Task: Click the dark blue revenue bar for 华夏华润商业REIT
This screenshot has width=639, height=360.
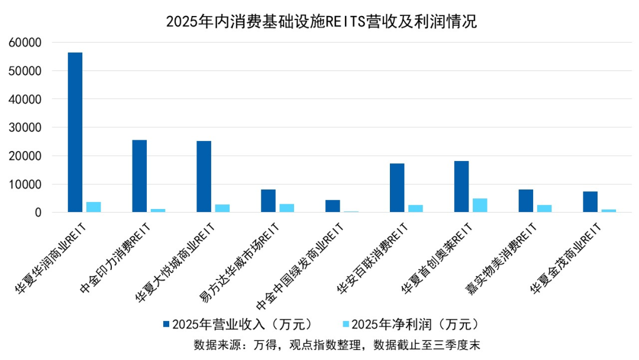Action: (75, 132)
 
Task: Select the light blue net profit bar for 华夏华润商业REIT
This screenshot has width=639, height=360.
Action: (93, 207)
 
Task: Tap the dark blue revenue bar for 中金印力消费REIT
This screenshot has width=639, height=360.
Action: (140, 176)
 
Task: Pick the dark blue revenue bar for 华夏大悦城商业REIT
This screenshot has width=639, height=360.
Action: (204, 176)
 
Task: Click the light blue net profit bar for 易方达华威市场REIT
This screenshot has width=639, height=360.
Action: (287, 208)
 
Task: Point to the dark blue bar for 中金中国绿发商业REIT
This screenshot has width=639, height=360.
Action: (333, 206)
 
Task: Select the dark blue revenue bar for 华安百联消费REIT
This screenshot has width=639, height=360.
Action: (397, 188)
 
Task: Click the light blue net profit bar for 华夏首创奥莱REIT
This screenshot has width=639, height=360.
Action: (480, 205)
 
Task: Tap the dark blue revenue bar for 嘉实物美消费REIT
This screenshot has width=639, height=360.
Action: (526, 201)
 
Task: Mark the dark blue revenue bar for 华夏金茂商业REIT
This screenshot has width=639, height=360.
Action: (590, 202)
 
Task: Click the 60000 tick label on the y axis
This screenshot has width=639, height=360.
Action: (25, 43)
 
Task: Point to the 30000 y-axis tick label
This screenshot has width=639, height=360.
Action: (25, 127)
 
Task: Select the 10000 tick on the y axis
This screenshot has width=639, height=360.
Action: (25, 184)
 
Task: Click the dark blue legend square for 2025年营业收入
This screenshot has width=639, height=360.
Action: (166, 324)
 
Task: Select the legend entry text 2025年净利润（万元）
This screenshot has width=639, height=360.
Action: (414, 324)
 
